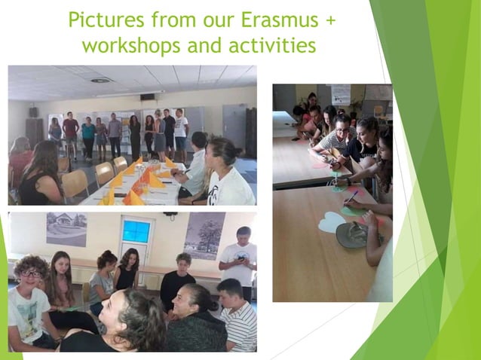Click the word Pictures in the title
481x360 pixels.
[x=109, y=20]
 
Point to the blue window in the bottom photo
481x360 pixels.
[x=137, y=239]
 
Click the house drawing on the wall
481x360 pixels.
[x=66, y=229]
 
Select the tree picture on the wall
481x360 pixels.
[x=204, y=234]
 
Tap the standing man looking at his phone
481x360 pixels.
[x=239, y=259]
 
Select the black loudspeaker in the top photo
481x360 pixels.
[x=33, y=111]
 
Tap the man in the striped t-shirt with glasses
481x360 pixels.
[x=332, y=137]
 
